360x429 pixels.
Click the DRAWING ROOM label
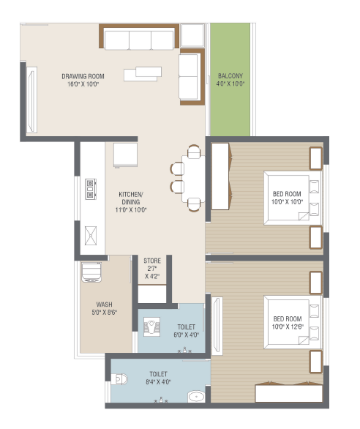coord(83,76)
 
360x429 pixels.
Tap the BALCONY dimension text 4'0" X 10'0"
coord(230,83)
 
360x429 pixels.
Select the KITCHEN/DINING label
coord(131,198)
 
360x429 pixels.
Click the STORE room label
coord(152,261)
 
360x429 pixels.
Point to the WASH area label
coord(104,305)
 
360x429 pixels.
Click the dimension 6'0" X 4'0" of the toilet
coord(187,335)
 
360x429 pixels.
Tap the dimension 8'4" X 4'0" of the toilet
coord(158,382)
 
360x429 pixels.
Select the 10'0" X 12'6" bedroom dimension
coord(288,327)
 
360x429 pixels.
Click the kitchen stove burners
coord(91,189)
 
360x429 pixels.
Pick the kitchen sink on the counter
coord(91,236)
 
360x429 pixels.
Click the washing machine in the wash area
coord(91,272)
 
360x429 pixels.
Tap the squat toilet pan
coord(151,327)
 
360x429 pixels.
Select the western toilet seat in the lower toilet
coord(120,379)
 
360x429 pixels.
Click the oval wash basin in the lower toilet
coord(196,397)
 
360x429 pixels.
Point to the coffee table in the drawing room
coord(143,74)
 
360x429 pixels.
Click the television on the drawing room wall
coord(31,100)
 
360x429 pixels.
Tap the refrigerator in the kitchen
coord(126,155)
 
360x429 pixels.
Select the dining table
coord(193,179)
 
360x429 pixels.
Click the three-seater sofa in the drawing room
coord(139,40)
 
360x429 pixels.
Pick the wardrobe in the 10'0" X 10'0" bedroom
coord(220,176)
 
